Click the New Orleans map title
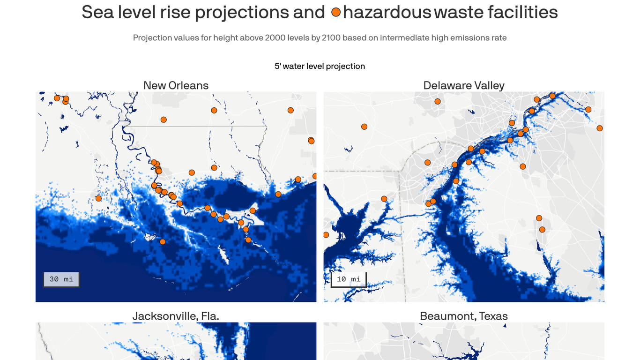click(x=176, y=85)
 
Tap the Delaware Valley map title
click(x=463, y=85)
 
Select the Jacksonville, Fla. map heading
click(x=176, y=316)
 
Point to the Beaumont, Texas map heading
click(x=463, y=316)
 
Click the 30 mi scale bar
click(x=61, y=279)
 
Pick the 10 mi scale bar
click(x=349, y=279)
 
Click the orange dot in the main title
click(x=335, y=13)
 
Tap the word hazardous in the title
click(x=387, y=12)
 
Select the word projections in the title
click(x=241, y=12)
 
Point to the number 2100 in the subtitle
click(x=331, y=37)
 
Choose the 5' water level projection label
click(x=320, y=66)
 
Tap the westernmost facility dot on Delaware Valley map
click(x=326, y=235)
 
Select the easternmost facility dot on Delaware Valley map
click(x=599, y=128)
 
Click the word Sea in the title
click(x=98, y=12)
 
